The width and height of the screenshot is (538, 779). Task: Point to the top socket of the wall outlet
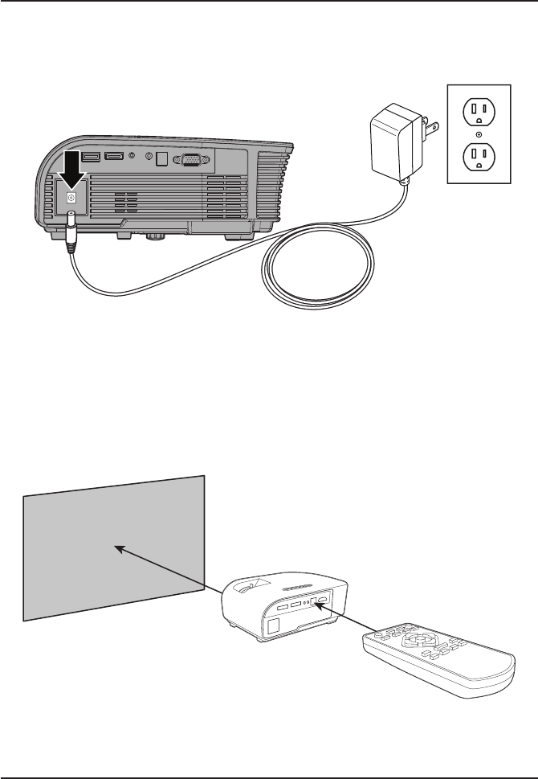(480, 109)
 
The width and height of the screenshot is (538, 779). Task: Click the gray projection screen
(112, 547)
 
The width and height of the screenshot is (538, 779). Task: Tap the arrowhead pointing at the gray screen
(119, 549)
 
